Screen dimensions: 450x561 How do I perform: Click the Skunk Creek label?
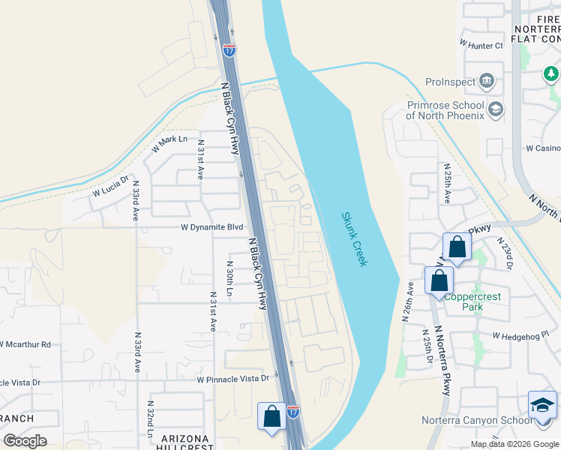(354, 238)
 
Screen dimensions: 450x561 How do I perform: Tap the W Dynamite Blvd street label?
(212, 226)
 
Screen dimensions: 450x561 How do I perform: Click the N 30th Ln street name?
(229, 277)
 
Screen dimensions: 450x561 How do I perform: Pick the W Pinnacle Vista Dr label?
(232, 379)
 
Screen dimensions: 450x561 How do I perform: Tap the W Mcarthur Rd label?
(25, 344)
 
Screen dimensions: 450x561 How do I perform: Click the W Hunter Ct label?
(481, 46)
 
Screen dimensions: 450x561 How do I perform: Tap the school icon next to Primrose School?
(495, 110)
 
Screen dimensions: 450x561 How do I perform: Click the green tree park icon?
(551, 73)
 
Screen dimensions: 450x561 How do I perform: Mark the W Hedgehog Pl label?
(521, 335)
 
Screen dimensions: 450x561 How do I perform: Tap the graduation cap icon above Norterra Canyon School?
(542, 405)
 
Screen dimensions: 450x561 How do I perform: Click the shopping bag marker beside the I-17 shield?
(271, 417)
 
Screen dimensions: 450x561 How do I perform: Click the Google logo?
(25, 440)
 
